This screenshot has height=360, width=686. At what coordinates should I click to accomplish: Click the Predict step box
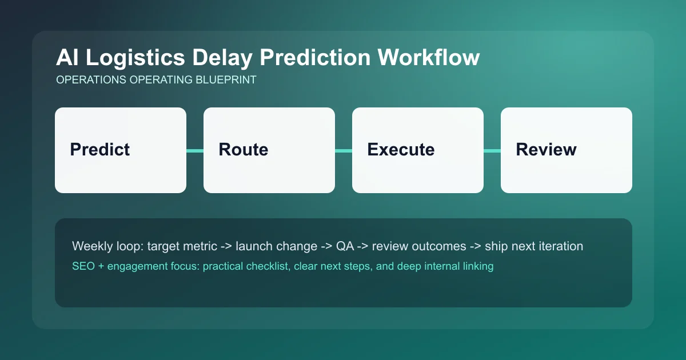(x=121, y=150)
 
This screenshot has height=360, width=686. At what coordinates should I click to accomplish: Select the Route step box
(x=269, y=150)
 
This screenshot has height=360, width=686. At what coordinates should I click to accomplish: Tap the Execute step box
(x=418, y=150)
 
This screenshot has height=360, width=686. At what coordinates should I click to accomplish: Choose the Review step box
(x=567, y=150)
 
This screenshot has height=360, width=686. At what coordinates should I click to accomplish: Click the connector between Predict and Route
(x=195, y=150)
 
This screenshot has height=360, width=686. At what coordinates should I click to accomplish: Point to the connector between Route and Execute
(x=344, y=150)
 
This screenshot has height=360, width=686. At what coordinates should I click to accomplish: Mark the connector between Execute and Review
(x=492, y=150)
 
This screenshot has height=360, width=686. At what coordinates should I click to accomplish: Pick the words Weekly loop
(x=107, y=246)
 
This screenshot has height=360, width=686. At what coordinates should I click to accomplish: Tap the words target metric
(x=182, y=246)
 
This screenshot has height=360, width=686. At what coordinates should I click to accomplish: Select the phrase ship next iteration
(x=534, y=246)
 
